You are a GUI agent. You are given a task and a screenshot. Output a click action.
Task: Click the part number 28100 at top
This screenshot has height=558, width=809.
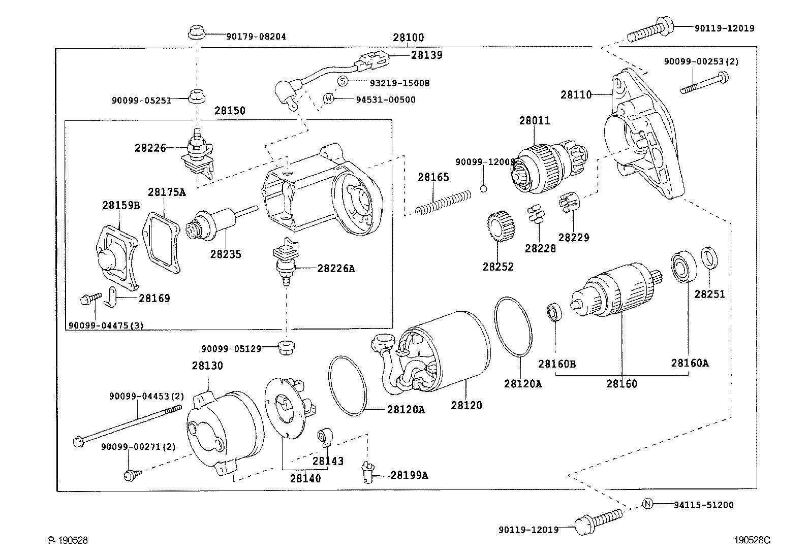(409, 38)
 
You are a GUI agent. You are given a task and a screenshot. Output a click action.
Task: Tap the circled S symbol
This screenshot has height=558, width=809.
(343, 81)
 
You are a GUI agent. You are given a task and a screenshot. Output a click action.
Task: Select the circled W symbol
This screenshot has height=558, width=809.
(328, 98)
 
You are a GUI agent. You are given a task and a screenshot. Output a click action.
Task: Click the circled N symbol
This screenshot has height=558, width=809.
(647, 504)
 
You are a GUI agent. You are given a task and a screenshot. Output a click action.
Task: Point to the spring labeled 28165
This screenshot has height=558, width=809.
(443, 203)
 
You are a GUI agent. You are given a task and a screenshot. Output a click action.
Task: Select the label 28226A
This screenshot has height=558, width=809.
(336, 269)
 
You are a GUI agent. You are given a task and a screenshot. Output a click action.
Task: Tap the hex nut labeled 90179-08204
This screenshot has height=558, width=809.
(197, 32)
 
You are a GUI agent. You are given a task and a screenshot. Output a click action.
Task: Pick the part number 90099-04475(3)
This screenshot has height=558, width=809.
(106, 325)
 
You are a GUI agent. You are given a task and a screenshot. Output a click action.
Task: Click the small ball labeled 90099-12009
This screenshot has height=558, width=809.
(484, 188)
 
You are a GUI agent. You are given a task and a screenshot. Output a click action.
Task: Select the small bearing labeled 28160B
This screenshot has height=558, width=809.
(554, 313)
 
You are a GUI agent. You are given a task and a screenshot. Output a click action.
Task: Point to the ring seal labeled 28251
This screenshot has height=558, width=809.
(709, 258)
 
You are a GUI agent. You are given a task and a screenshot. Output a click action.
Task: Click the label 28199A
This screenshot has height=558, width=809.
(409, 475)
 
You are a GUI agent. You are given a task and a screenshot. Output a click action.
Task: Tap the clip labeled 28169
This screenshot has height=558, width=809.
(110, 298)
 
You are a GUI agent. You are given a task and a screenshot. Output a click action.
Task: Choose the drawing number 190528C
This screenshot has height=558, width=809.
(752, 540)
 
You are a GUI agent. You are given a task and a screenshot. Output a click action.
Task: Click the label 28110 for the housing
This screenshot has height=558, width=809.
(576, 94)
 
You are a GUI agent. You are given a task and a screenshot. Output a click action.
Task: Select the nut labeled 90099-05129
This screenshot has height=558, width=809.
(287, 347)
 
